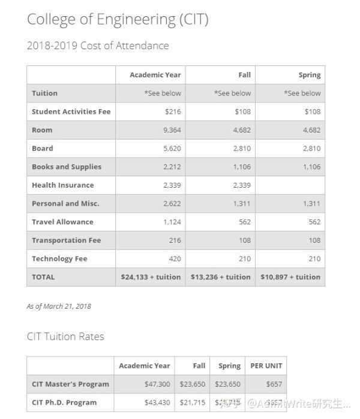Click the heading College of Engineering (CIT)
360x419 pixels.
[x=117, y=20]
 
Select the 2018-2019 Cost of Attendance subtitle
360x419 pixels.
[x=98, y=46]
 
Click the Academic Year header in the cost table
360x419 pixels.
[x=155, y=75]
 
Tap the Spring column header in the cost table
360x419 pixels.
[x=309, y=75]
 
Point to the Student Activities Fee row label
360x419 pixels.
[x=71, y=111]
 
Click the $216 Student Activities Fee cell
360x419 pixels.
[x=172, y=111]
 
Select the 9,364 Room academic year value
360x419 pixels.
[x=172, y=130]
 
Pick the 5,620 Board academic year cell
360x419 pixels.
[x=172, y=149]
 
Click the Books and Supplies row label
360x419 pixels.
[x=67, y=167]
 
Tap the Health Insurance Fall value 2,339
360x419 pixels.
[x=242, y=185]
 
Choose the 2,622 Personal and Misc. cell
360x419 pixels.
[x=172, y=204]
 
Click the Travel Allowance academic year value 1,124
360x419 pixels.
[x=172, y=222]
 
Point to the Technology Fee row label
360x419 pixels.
[x=59, y=259]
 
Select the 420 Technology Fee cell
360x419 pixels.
[x=174, y=259]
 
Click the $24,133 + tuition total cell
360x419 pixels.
[x=151, y=277]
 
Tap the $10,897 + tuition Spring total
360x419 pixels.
[x=290, y=277]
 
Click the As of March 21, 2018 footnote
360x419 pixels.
[x=59, y=306]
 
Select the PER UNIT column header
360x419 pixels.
[x=266, y=366]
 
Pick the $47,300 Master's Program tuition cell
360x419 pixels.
[x=157, y=384]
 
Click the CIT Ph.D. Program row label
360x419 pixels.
[x=64, y=402]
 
